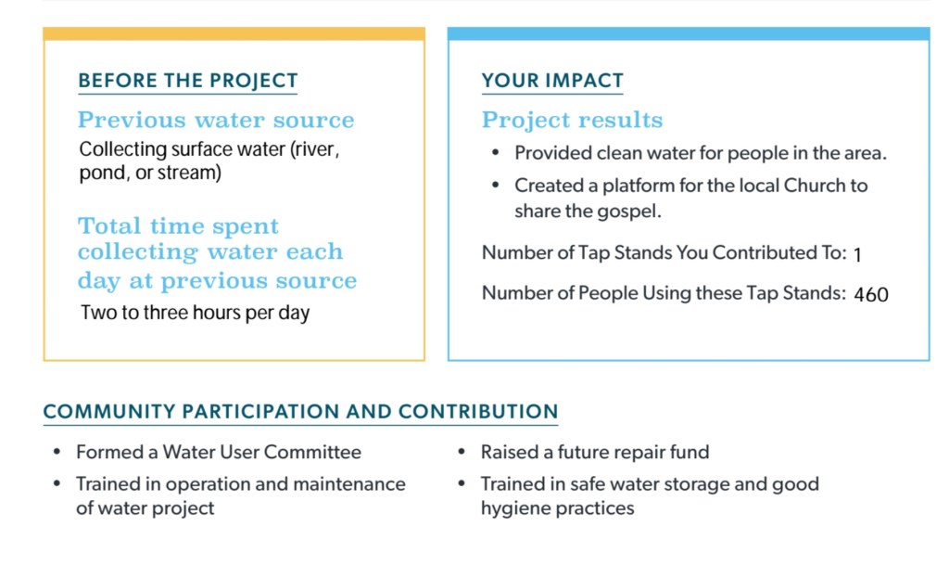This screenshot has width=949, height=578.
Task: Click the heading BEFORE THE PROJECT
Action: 187,81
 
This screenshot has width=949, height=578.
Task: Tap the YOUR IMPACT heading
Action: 552,81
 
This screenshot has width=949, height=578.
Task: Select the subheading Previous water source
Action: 216,120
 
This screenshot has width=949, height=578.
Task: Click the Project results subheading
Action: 572,121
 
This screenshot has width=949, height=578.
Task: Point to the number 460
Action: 871,294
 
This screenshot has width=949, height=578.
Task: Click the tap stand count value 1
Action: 857,254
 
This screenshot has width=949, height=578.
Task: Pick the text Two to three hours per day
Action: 195,313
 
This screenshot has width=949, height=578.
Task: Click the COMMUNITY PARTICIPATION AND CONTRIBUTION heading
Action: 300,411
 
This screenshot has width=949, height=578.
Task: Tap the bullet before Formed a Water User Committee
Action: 57,452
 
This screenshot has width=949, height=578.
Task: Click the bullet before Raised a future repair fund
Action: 462,452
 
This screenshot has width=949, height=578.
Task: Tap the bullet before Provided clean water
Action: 496,153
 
